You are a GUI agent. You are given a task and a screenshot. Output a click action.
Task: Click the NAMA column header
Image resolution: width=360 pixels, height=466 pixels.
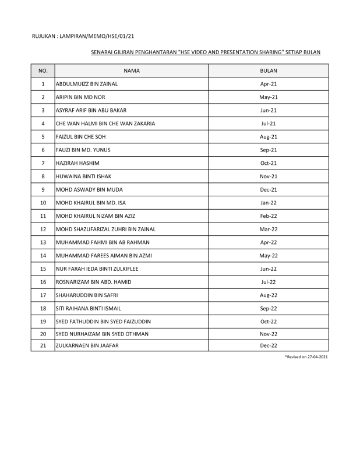[x=132, y=70]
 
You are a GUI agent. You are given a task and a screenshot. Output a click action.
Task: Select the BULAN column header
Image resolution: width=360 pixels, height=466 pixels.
[x=268, y=70]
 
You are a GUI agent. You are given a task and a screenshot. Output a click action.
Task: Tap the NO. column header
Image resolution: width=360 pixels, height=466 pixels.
[x=43, y=70]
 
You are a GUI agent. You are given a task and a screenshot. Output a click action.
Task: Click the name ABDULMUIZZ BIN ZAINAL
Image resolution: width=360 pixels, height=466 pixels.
[x=86, y=84]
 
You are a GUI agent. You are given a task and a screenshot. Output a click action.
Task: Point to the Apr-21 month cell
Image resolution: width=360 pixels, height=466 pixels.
[x=268, y=84]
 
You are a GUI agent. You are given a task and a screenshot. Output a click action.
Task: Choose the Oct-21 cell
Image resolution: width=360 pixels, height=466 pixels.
[x=268, y=163]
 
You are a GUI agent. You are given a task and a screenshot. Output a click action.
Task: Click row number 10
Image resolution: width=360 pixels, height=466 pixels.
[x=43, y=203]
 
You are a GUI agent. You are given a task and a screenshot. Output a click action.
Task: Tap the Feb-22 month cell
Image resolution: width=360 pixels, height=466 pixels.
[x=268, y=216]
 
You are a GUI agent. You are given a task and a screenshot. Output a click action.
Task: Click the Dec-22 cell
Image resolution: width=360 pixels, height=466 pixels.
[x=268, y=346]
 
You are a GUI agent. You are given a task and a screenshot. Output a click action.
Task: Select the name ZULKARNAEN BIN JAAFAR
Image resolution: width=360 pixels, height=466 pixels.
[x=85, y=346]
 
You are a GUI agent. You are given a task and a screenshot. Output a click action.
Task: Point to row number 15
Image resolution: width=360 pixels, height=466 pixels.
[x=43, y=269]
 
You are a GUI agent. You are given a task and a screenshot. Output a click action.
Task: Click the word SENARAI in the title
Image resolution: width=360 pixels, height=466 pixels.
[x=103, y=52]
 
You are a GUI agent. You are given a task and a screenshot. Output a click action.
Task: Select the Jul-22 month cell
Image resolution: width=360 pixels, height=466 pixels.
[x=268, y=282]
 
